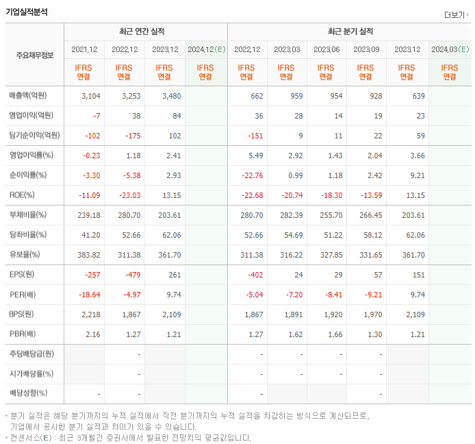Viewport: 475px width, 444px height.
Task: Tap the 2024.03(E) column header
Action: click(450, 49)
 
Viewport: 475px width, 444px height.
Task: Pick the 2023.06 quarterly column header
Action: click(327, 49)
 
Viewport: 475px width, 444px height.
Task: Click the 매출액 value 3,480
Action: click(168, 96)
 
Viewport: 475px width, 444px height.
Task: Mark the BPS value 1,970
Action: click(371, 314)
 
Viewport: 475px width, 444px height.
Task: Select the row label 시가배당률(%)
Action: click(31, 374)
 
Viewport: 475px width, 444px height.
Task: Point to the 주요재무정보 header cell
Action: click(34, 55)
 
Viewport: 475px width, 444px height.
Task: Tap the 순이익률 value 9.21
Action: click(415, 175)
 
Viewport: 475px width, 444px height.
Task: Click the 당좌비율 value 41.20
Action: click(90, 235)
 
